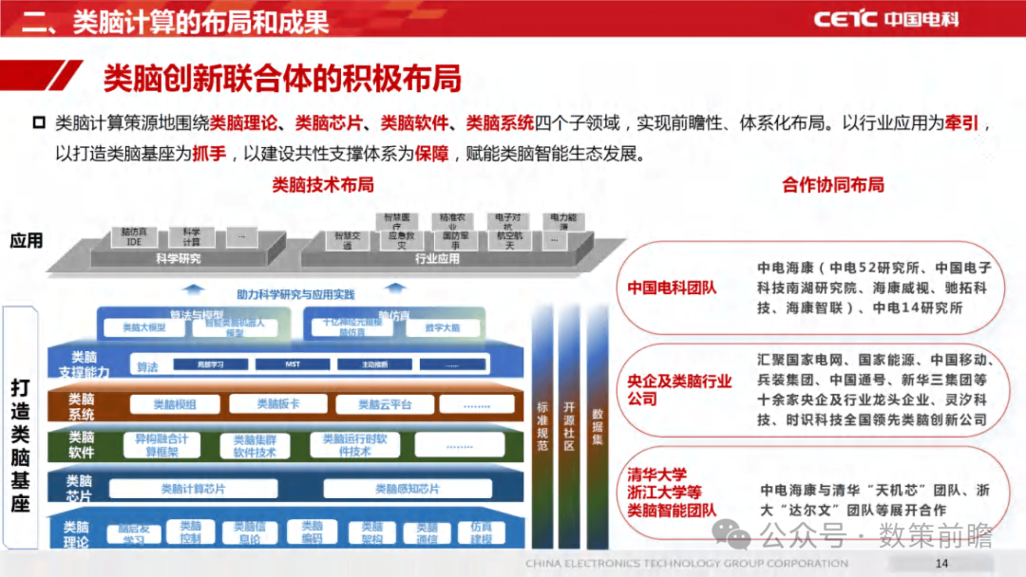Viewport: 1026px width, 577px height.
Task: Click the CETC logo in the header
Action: point(884,18)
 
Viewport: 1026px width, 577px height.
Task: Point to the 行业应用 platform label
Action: point(437,257)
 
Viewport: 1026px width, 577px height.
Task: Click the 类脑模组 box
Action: point(175,404)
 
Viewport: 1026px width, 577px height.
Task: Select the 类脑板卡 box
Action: point(277,403)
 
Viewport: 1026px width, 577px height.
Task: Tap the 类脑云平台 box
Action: point(385,404)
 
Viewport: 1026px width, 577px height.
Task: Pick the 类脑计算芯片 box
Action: point(193,489)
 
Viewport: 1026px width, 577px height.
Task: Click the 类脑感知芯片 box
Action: point(407,489)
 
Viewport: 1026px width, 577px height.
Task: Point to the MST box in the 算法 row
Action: point(293,363)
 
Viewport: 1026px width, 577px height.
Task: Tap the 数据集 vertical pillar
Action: point(597,427)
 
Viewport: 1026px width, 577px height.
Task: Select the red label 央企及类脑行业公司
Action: point(679,389)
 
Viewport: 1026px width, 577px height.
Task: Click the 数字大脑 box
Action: point(443,328)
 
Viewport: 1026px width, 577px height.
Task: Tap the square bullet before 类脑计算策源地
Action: point(39,122)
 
